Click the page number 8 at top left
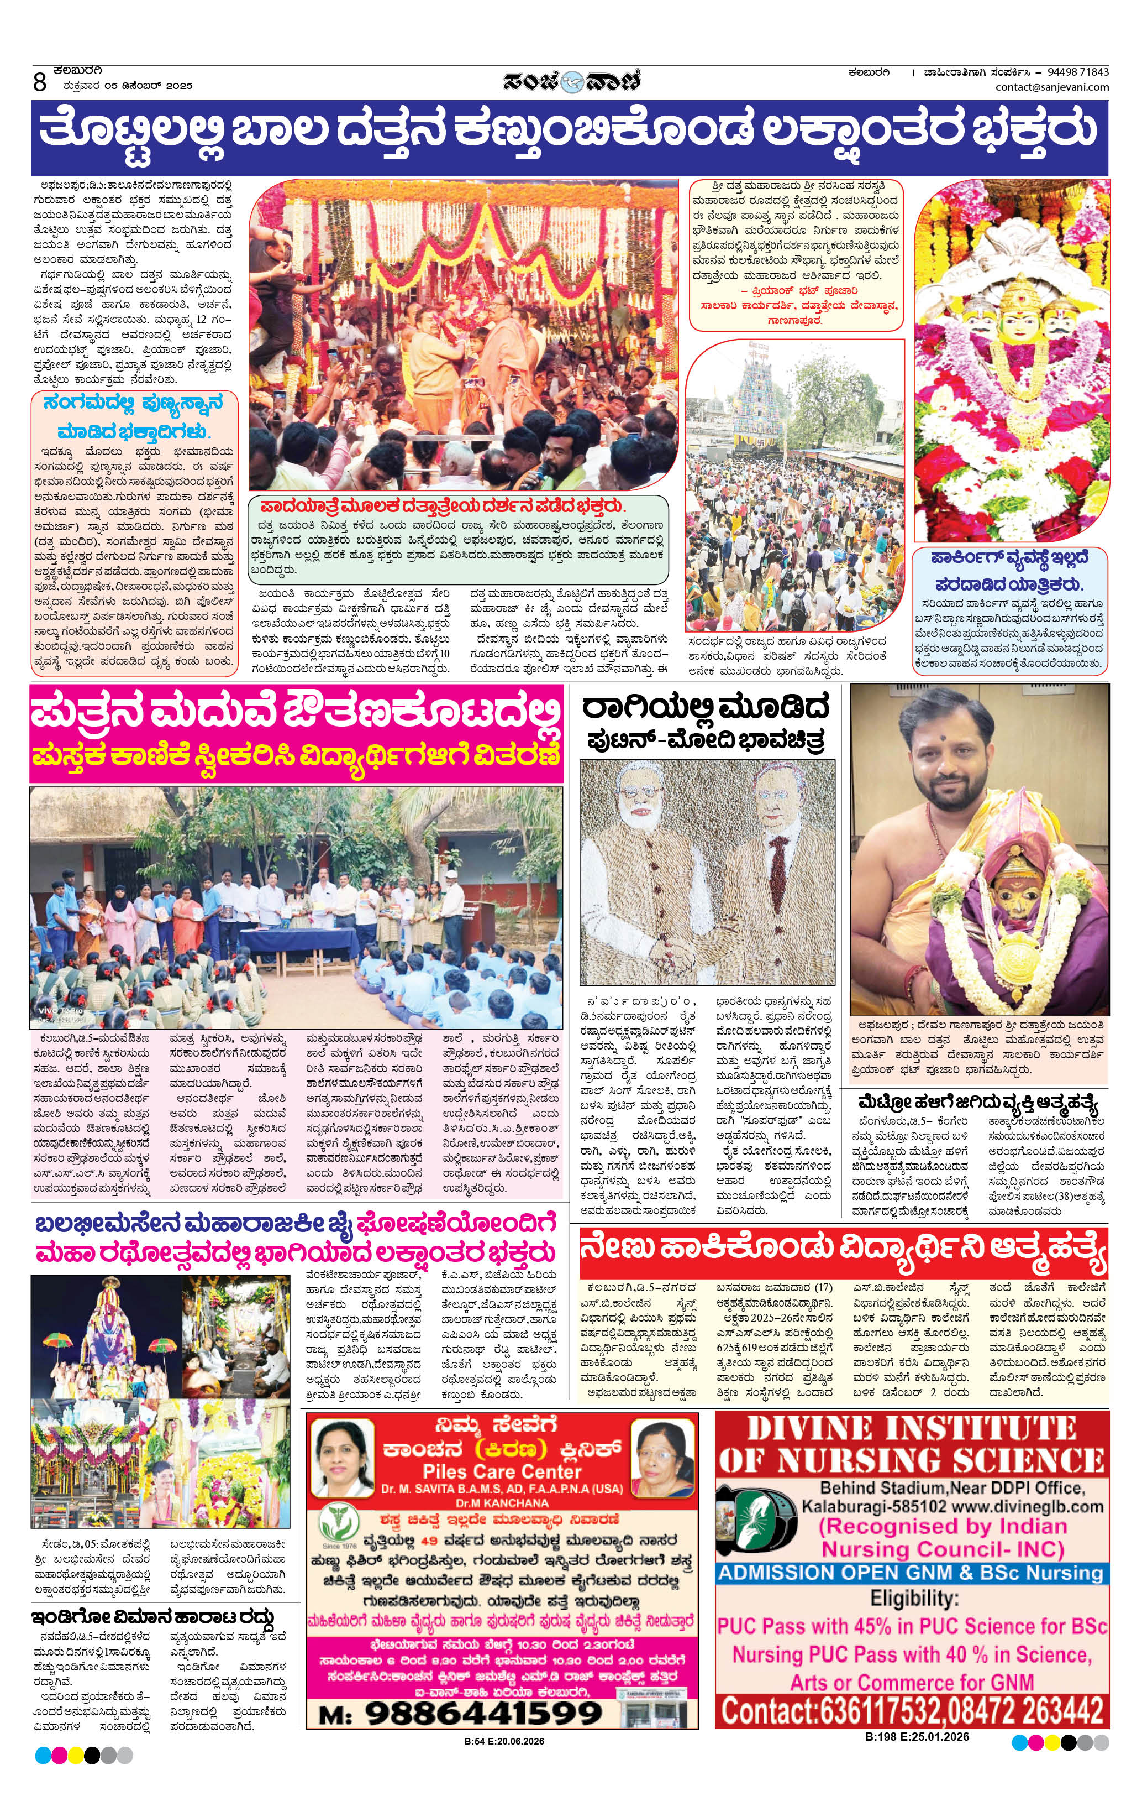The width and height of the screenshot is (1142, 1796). [x=40, y=81]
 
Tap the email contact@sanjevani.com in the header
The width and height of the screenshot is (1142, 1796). [x=1052, y=87]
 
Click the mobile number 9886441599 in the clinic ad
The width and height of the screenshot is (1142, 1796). [x=482, y=1713]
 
